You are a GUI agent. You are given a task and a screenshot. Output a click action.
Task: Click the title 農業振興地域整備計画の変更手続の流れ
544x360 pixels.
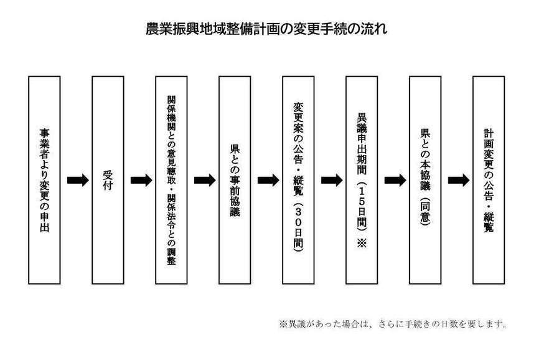[266, 29]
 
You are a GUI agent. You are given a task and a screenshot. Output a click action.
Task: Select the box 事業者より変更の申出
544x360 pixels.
[44, 180]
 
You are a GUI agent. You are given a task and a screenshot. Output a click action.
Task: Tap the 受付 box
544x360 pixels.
[108, 180]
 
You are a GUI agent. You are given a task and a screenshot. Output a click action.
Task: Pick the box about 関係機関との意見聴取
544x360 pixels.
[171, 180]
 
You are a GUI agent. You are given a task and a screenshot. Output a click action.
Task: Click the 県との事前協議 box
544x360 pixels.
[235, 180]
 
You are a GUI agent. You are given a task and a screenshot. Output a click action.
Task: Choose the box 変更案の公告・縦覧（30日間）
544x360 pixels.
[298, 180]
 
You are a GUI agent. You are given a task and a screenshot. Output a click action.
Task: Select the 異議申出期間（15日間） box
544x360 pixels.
[362, 180]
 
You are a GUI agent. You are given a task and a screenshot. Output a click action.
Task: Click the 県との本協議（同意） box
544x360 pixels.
[425, 180]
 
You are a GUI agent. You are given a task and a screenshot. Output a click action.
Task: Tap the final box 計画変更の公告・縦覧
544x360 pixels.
[489, 180]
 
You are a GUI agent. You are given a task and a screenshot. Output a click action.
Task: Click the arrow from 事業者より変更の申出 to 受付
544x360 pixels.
[78, 180]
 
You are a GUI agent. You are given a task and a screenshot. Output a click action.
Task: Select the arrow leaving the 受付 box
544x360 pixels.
[141, 180]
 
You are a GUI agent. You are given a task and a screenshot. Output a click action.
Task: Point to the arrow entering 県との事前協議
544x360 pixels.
[205, 180]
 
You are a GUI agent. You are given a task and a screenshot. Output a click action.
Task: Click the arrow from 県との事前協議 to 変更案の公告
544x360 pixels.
[268, 180]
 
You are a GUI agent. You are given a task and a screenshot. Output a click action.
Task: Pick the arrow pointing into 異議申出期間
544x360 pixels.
[332, 180]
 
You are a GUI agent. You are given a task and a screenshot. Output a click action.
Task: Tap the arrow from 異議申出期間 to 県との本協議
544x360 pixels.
[395, 180]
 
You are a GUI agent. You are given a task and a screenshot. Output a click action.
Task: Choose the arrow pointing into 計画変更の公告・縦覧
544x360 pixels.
[459, 180]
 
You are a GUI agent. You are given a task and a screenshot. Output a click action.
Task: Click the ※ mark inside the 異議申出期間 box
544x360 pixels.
[362, 243]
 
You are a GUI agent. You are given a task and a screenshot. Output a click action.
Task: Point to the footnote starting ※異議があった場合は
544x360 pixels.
[393, 324]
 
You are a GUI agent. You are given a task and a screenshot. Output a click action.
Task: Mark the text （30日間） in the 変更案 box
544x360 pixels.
[298, 226]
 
